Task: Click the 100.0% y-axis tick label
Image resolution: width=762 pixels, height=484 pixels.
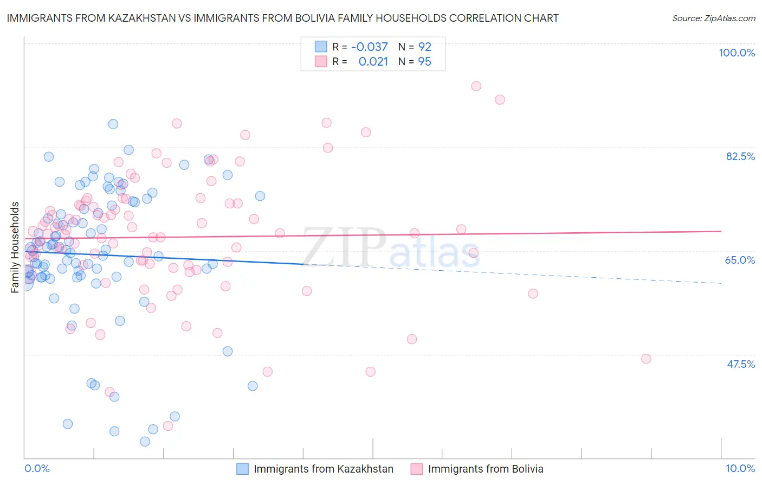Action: pyautogui.click(x=737, y=53)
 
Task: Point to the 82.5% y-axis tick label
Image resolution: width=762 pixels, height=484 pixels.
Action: pyautogui.click(x=740, y=156)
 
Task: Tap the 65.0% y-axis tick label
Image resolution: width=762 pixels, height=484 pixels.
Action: pyautogui.click(x=740, y=260)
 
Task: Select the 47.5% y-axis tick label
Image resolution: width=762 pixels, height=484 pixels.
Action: pyautogui.click(x=740, y=364)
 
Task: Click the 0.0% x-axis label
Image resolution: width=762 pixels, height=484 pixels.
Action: pyautogui.click(x=37, y=468)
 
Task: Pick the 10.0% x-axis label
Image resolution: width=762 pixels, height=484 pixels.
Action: pyautogui.click(x=740, y=468)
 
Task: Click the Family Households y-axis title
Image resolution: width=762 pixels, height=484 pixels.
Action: pyautogui.click(x=15, y=247)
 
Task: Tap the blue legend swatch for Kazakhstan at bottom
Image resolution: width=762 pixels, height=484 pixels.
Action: pyautogui.click(x=242, y=469)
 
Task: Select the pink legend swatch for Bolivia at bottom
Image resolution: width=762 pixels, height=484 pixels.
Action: pyautogui.click(x=416, y=469)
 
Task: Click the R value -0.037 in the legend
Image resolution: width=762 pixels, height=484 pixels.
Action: pyautogui.click(x=370, y=47)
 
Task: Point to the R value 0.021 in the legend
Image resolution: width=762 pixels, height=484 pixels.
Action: pyautogui.click(x=373, y=62)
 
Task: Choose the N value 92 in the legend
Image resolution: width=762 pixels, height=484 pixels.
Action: pyautogui.click(x=424, y=47)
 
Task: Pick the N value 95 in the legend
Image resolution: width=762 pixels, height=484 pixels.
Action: pyautogui.click(x=424, y=62)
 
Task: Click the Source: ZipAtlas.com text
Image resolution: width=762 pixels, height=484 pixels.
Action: pyautogui.click(x=713, y=18)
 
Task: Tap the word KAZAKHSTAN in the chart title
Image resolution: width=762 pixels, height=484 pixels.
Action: pyautogui.click(x=140, y=18)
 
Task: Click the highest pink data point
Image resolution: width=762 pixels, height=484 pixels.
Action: pyautogui.click(x=476, y=86)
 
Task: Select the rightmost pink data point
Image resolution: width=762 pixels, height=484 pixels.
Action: pyautogui.click(x=646, y=359)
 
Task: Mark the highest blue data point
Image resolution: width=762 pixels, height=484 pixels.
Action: pyautogui.click(x=113, y=124)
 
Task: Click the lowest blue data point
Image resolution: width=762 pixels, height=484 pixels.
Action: pyautogui.click(x=145, y=442)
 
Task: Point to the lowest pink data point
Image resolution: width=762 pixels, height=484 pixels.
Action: pyautogui.click(x=168, y=426)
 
